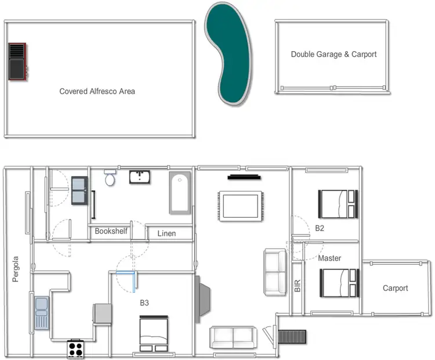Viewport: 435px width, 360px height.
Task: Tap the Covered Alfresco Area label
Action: (x=97, y=91)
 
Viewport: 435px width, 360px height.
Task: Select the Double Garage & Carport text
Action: (x=333, y=55)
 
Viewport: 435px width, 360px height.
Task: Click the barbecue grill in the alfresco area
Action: (x=17, y=61)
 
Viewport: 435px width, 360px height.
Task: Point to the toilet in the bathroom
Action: (x=110, y=178)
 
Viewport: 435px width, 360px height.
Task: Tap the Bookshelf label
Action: (x=111, y=231)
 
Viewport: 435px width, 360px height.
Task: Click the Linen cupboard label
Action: (x=166, y=234)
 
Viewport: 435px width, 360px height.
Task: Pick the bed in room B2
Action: (x=336, y=204)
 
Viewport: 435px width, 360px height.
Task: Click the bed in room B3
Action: (x=154, y=333)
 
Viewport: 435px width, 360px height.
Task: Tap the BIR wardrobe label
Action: (x=298, y=284)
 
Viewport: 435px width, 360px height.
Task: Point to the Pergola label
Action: (x=16, y=269)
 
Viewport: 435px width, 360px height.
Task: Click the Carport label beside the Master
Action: (x=395, y=288)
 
